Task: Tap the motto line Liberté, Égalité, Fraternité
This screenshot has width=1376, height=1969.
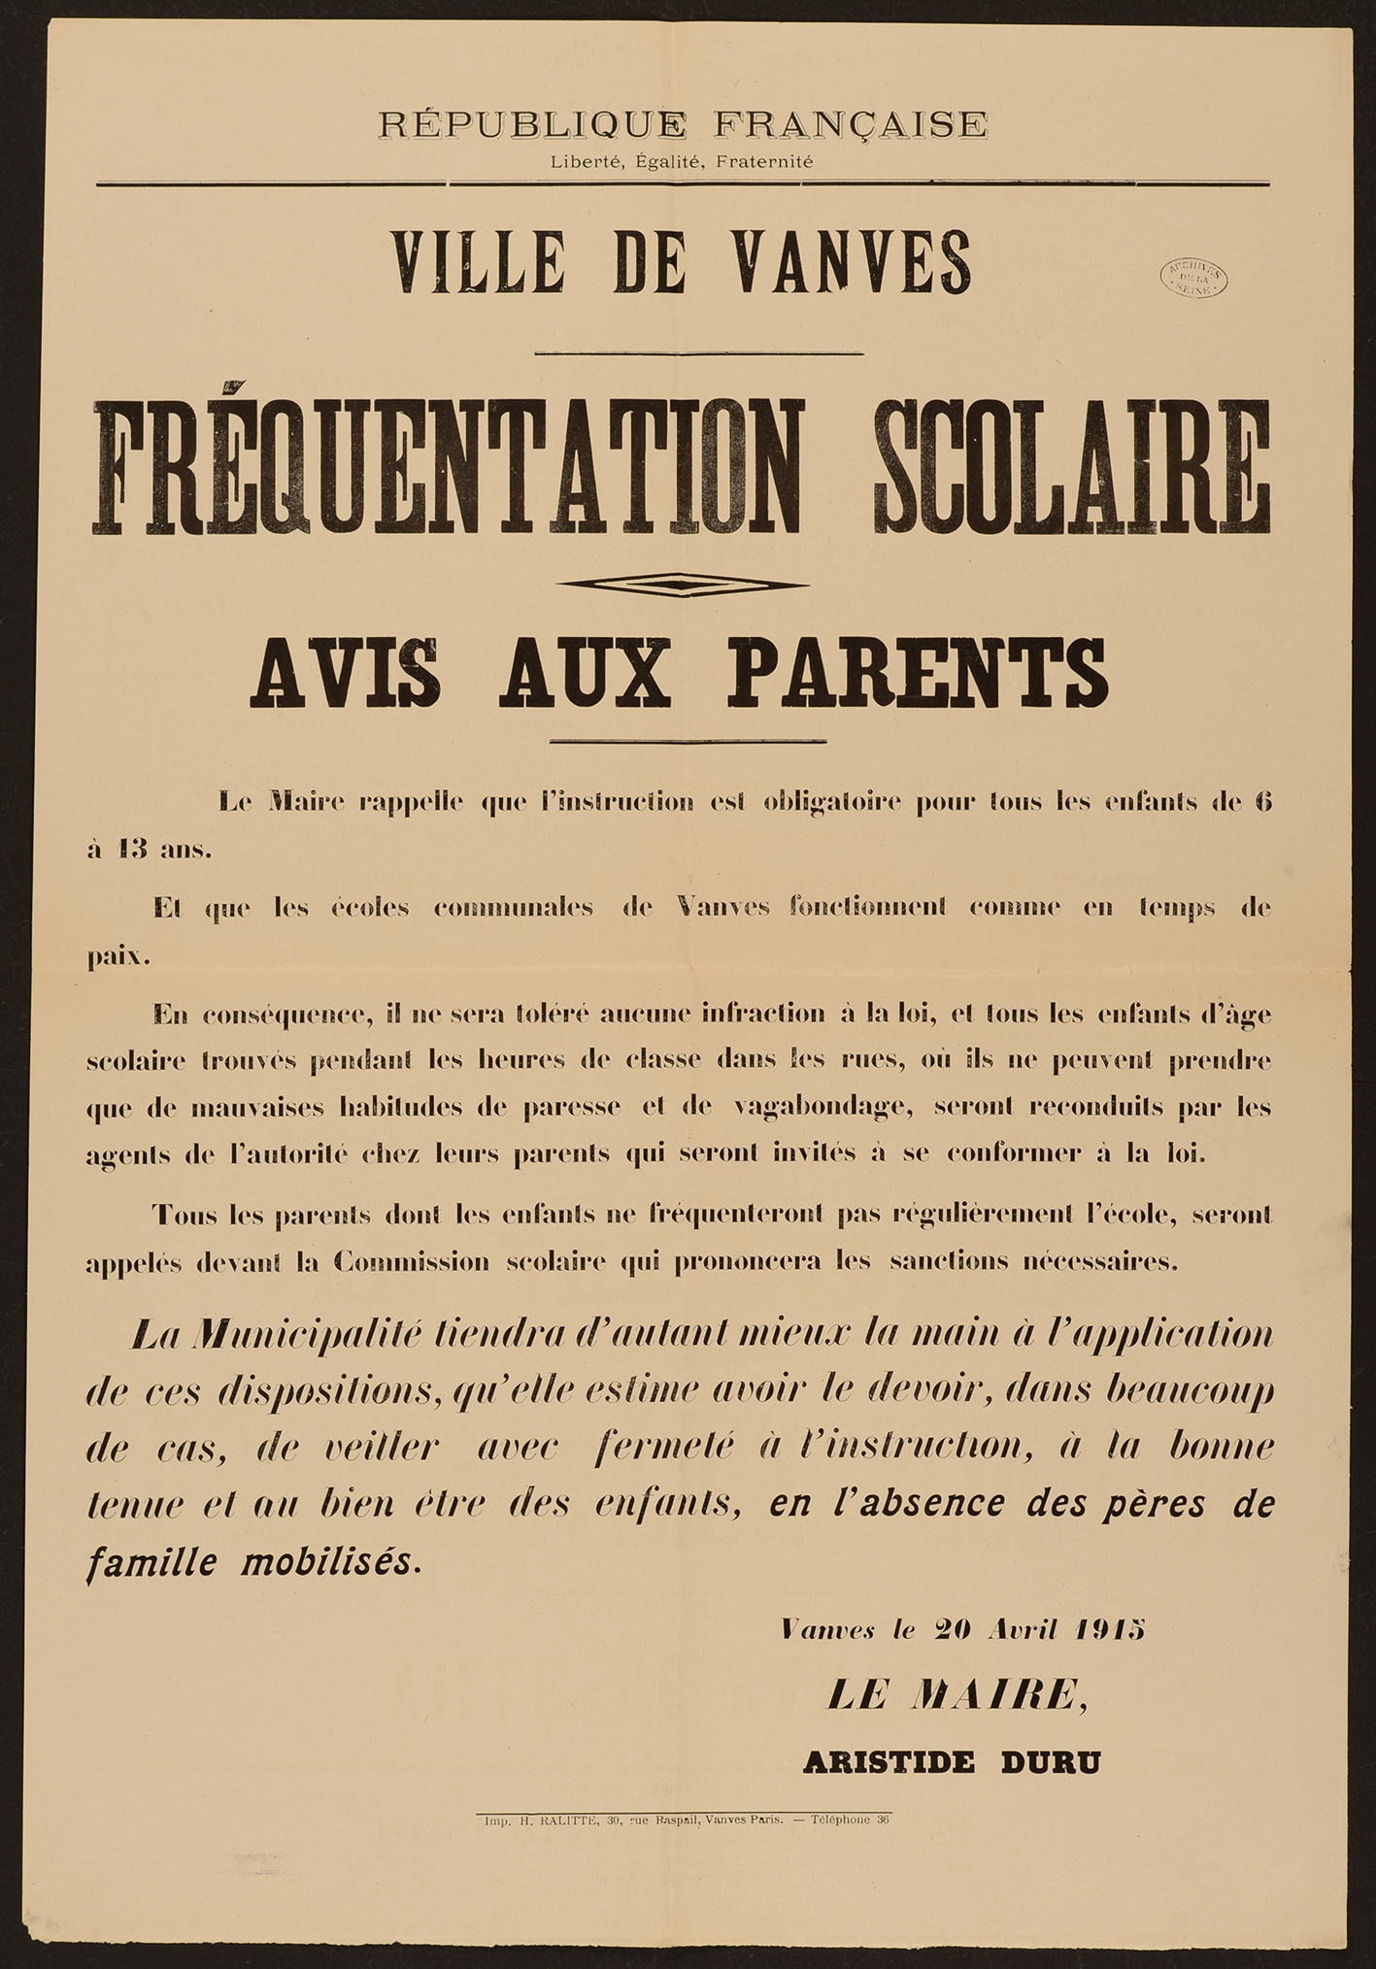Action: [x=682, y=162]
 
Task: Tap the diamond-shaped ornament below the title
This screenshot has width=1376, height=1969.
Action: [x=686, y=584]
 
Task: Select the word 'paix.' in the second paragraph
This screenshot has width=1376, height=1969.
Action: [x=117, y=956]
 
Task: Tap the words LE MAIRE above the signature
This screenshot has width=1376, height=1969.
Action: [x=955, y=1695]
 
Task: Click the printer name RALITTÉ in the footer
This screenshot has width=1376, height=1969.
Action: [x=568, y=1820]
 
